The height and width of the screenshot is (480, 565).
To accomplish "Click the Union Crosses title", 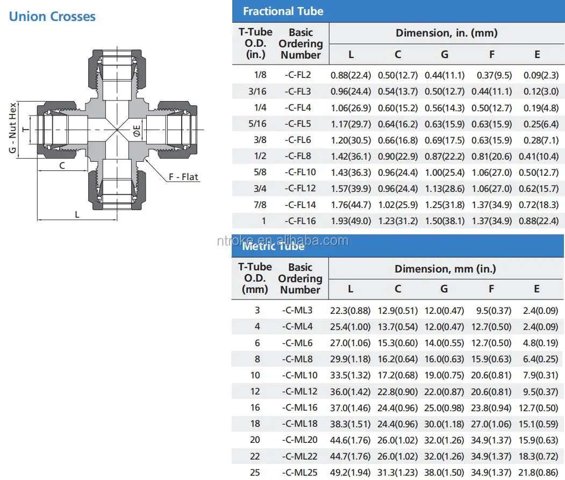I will point(52,16).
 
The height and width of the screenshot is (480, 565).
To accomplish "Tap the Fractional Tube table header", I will point(283,11).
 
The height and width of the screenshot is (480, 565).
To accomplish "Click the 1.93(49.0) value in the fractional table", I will point(351,221).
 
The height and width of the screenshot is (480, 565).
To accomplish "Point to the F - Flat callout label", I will point(183,177).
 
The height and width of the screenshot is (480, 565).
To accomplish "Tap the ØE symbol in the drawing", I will point(137,130).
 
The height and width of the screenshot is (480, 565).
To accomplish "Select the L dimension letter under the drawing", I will point(77,214).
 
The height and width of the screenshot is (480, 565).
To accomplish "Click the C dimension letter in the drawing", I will point(62,166).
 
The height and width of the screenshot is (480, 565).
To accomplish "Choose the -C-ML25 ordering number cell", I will point(299,472).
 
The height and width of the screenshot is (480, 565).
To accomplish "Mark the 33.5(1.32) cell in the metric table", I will point(351,375).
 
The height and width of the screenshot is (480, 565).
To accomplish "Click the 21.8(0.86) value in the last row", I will point(538,472).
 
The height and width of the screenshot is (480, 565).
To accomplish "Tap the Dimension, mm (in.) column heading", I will point(445,268).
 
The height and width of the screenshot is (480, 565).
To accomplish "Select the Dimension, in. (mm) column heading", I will point(446,33).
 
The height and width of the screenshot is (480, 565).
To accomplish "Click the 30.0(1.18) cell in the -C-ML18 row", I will point(444,424).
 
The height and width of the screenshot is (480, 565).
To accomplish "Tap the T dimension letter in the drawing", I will point(25,130).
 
